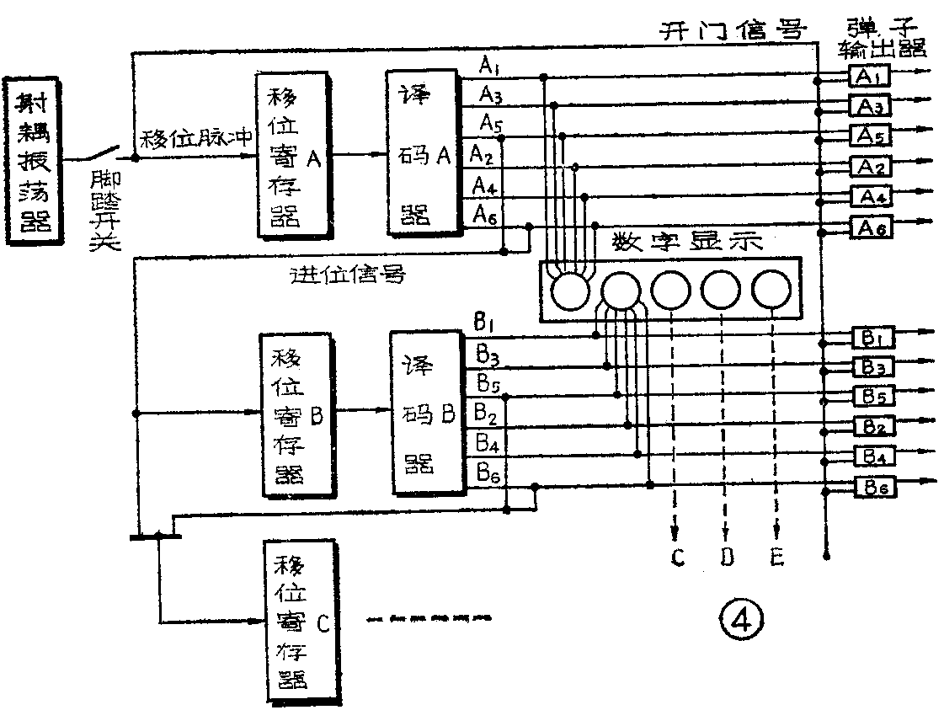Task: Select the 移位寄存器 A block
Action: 291,156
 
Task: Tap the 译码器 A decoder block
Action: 419,152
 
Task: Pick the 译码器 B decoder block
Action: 427,414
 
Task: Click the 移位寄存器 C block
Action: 295,622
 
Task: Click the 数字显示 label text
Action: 688,243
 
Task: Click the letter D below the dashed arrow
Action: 725,557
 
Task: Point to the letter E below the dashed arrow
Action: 777,557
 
